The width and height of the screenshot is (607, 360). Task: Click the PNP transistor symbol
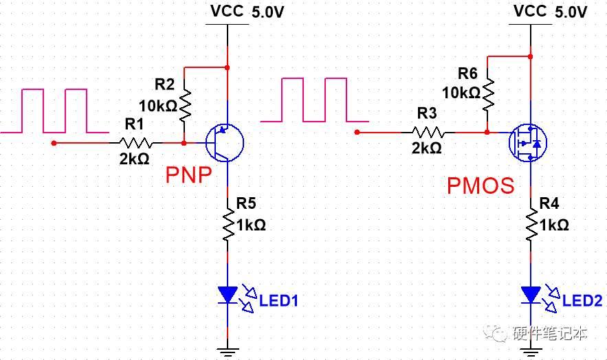225,143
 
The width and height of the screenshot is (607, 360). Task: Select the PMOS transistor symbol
527,143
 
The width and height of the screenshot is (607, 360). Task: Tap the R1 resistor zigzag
135,143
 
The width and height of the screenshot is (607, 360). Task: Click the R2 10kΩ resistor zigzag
185,104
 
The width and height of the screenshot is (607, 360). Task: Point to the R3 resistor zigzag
428,132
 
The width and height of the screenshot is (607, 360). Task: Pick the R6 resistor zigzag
488,94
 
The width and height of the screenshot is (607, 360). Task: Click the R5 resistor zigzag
228,225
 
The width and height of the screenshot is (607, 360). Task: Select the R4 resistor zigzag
531,225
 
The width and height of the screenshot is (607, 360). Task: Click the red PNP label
189,175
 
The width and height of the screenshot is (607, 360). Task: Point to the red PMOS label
481,185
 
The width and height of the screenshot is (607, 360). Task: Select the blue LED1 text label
278,300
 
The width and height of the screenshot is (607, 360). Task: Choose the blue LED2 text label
582,300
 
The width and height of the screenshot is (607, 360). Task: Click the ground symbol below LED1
228,352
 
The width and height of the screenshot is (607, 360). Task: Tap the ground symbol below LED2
531,352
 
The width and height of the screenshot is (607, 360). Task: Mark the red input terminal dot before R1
54,143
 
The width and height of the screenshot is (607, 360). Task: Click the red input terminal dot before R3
357,132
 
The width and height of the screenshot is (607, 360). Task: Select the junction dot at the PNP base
184,143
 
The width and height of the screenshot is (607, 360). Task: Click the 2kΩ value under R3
427,148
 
